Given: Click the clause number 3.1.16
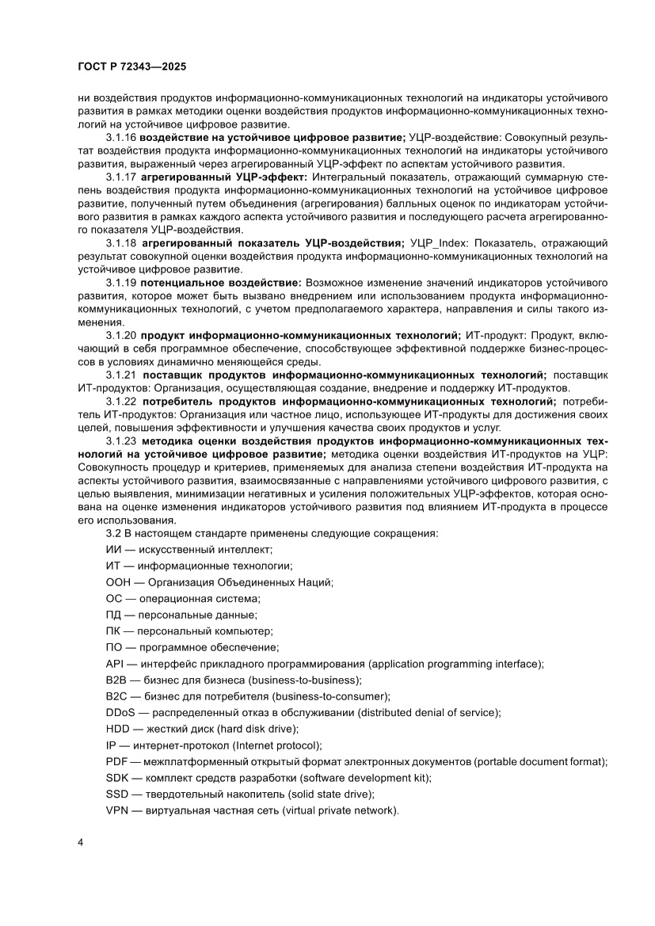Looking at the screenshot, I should coord(121,138).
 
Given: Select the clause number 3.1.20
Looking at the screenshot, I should coord(121,337).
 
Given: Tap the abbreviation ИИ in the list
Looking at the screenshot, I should coord(112,549).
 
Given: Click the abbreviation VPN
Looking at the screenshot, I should coord(117,811).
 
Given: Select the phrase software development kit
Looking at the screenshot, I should coord(366,778).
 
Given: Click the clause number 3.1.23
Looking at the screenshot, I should coord(121,440).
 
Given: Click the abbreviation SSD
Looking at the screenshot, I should coord(117,795).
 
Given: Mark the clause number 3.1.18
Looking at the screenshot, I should coord(121,242).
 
